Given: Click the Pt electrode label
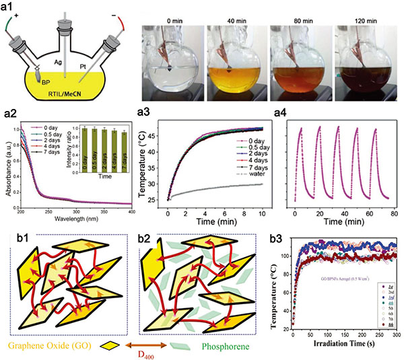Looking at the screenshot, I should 94,66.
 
